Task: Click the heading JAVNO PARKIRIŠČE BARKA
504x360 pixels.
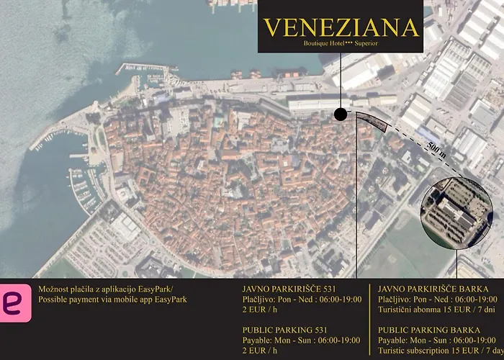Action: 431,287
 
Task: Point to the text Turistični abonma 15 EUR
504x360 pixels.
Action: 437,310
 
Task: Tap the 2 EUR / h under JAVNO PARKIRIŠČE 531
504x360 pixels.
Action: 261,310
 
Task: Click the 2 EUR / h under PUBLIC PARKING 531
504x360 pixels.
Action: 261,351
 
